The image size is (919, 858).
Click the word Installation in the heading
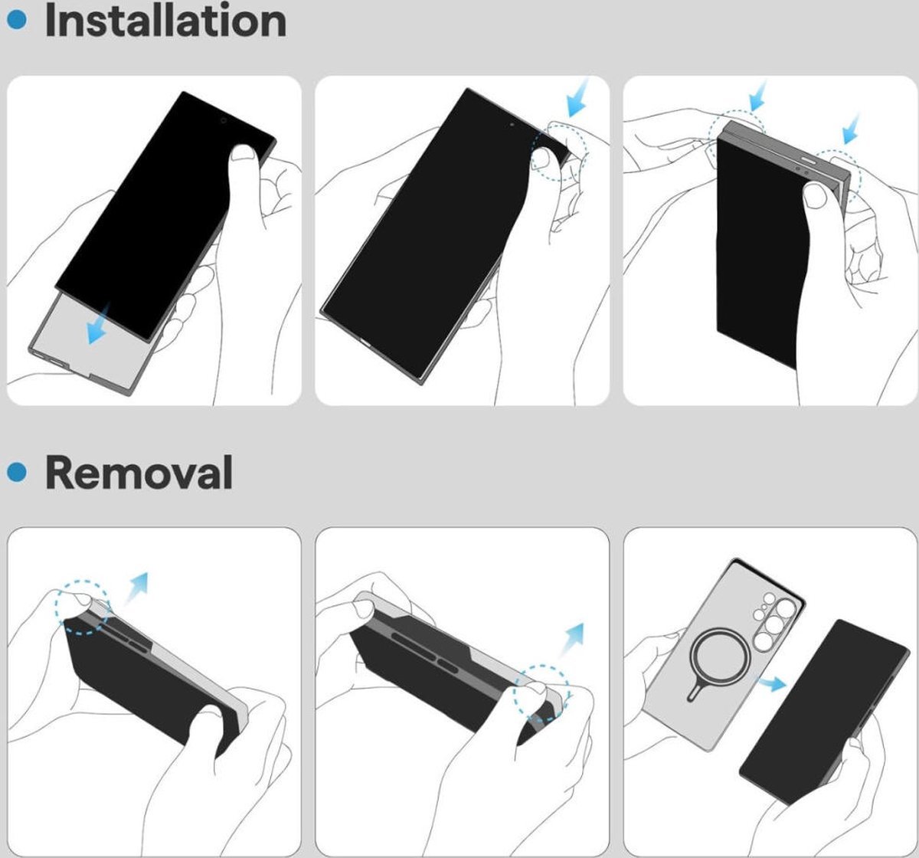click(x=165, y=21)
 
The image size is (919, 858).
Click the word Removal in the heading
click(x=139, y=472)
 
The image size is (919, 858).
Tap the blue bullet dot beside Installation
click(x=17, y=20)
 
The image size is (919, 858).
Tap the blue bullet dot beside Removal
click(x=17, y=471)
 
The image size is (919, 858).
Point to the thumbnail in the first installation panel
click(x=243, y=152)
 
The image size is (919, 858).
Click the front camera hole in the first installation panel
click(x=224, y=121)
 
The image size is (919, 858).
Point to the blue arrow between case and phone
click(x=772, y=683)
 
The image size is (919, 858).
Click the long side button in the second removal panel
click(x=414, y=644)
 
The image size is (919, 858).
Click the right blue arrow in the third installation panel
click(x=851, y=129)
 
